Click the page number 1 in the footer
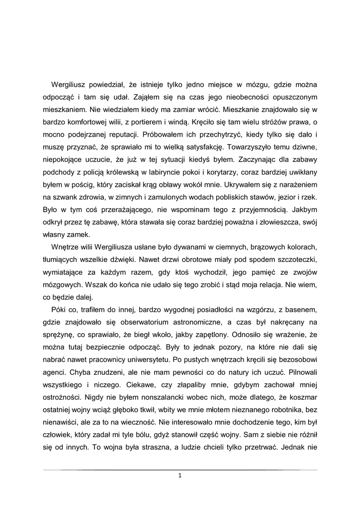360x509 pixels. click(180, 476)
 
